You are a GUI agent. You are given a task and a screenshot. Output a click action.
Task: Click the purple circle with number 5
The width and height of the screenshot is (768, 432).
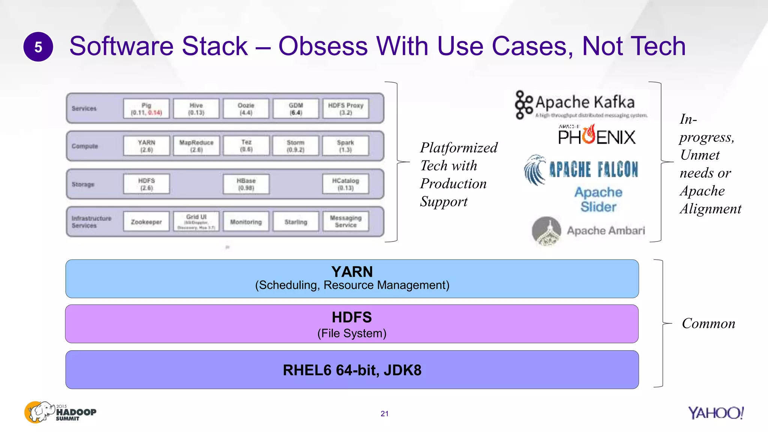pos(38,47)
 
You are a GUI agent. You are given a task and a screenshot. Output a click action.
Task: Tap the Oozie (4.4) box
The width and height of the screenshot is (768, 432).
pos(246,109)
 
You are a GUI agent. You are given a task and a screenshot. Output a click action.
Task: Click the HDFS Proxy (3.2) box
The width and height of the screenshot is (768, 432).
pos(346,109)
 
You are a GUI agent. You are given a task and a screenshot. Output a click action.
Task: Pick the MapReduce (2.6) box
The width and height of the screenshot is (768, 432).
pos(196,146)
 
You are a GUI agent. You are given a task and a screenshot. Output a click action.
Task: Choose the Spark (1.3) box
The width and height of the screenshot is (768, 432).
pos(346,146)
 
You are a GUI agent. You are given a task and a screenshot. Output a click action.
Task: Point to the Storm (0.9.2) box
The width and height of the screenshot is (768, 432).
pos(296,146)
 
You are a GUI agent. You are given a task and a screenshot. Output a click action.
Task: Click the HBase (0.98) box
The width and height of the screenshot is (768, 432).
pos(246,184)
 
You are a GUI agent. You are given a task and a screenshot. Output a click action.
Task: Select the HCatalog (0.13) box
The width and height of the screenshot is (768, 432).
pos(346,184)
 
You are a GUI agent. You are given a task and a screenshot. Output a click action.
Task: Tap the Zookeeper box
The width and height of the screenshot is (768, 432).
pos(146,222)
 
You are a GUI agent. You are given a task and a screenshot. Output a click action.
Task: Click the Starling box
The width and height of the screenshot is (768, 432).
pos(296,222)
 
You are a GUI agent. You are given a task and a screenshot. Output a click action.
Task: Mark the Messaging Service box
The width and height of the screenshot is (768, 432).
pos(346,221)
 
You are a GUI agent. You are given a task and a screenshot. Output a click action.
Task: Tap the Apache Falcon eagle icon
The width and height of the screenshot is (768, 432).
pos(535,170)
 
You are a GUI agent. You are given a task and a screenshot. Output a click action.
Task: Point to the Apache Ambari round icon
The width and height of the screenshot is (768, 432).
pos(546,231)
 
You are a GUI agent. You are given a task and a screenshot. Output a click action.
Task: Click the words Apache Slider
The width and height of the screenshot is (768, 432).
pos(598,199)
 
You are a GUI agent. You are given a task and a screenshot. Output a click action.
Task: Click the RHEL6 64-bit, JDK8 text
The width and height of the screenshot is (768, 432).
pos(352,370)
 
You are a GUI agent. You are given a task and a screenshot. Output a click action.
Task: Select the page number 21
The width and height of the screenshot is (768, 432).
pos(384,414)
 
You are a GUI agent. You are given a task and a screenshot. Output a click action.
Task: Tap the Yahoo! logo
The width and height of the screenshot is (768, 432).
pos(715,413)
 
